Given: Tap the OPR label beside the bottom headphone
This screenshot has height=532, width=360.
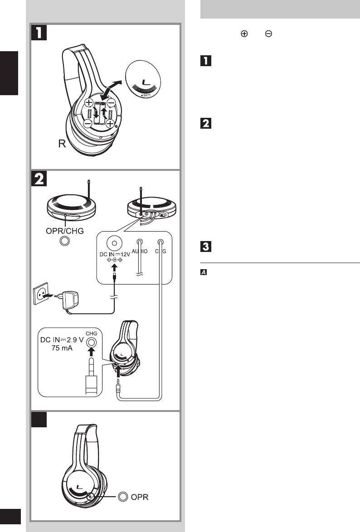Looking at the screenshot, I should coord(140,497).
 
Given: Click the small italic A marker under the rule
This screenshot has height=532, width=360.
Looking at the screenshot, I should coord(204,272).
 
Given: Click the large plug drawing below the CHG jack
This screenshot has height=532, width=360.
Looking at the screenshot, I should coord(92,372).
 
